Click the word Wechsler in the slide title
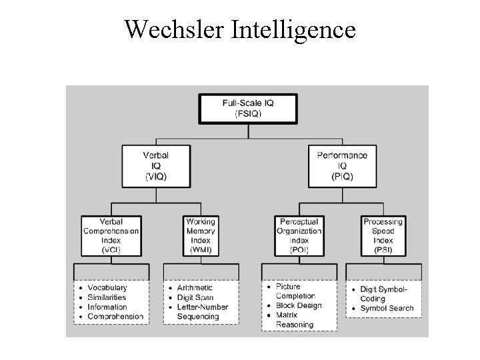pos(175,29)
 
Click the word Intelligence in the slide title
pos(293,29)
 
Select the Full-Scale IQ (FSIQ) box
pos(248,109)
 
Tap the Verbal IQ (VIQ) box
pos(155,166)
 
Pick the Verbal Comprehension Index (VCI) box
pos(111,236)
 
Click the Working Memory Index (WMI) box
pos(201,236)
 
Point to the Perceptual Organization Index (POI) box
pos(299,236)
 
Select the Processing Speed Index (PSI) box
pos(383,236)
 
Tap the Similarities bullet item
pos(107,297)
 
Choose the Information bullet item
pos(107,307)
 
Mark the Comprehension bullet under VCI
pos(115,317)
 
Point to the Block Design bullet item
pos(299,306)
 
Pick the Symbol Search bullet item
pos(387,309)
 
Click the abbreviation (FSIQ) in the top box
pos(248,114)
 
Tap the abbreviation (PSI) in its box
pos(383,250)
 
